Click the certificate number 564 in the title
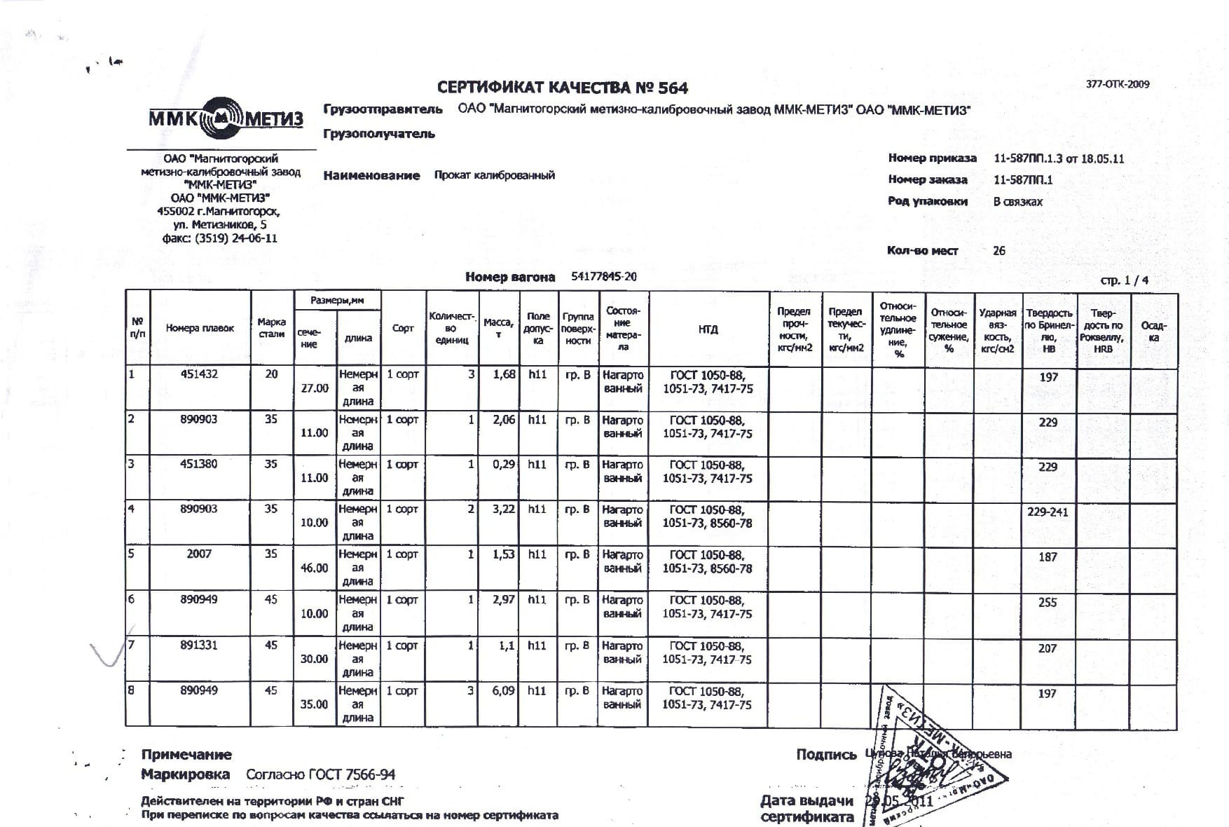pos(672,88)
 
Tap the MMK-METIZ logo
pos(226,117)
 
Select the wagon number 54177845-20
pos(604,277)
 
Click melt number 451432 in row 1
pos(199,374)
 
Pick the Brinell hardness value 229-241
pos(1048,512)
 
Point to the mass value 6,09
pos(503,690)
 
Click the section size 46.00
pos(314,568)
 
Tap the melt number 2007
pos(199,554)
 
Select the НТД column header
pos(708,329)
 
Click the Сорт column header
pos(403,328)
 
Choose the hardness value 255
pos(1048,603)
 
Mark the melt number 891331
pos(199,645)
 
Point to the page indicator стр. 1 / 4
pos(1125,280)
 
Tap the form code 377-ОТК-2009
pos(1118,84)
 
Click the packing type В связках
pos(1017,202)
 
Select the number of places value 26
pos(999,250)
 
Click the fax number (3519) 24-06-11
pos(231,238)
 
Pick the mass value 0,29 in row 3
pos(503,464)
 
